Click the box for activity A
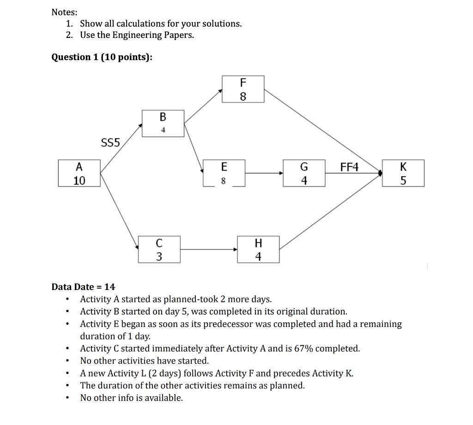coord(79,173)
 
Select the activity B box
coord(163,123)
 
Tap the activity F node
coord(243,89)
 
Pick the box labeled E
coord(224,173)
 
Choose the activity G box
coord(304,173)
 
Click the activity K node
coord(403,173)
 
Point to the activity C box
coord(159,250)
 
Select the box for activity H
coord(258,250)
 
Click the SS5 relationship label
coord(110,142)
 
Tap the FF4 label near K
coord(349,167)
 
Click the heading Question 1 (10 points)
coord(102,57)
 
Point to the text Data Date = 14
coord(84,287)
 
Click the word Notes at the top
coord(65,12)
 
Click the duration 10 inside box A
coord(79,180)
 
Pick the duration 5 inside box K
coord(403,180)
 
